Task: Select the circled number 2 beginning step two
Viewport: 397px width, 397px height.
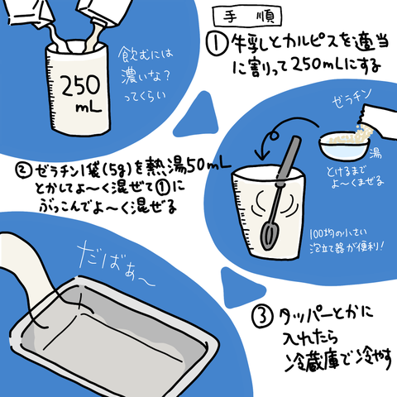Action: click(x=25, y=171)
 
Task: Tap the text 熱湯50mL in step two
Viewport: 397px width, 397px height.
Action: click(x=186, y=170)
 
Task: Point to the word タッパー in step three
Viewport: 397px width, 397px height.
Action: click(x=303, y=314)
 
